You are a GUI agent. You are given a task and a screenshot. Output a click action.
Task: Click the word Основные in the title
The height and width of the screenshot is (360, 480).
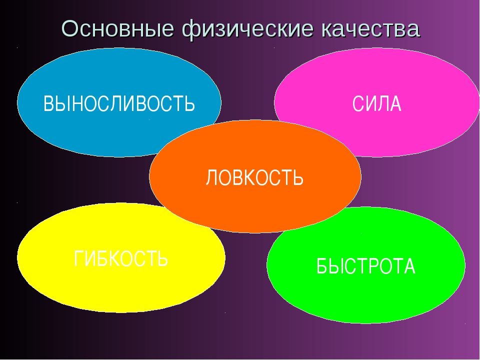point(118,29)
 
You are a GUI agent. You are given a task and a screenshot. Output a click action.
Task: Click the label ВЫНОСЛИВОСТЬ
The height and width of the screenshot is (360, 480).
point(119,103)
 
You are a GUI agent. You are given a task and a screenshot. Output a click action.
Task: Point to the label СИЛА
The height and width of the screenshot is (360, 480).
point(377,104)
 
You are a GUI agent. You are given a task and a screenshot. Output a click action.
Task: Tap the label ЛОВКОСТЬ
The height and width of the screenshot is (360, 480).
point(254,177)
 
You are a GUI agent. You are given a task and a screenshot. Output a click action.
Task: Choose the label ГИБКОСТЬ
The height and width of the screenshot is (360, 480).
point(121,258)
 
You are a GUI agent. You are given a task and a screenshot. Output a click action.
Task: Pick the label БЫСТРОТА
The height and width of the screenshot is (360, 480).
point(366,266)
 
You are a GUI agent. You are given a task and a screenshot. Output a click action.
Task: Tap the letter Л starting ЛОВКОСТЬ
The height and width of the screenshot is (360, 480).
point(211,177)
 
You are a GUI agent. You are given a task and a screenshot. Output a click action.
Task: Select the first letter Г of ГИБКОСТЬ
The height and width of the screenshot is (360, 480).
point(78,258)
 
